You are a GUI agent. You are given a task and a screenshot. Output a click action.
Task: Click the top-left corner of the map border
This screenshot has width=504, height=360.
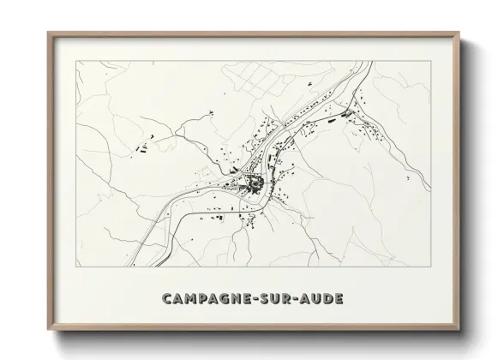coord(76,63)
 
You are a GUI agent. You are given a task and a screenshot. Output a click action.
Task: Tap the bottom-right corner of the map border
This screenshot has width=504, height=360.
coord(429,272)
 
